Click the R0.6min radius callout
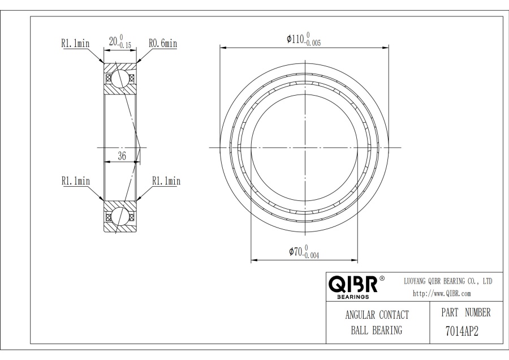tap(163, 43)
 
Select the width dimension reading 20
tap(120, 41)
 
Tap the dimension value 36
tap(122, 156)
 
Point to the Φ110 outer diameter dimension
tap(304, 39)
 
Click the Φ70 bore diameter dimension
tap(304, 252)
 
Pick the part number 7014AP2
tap(462, 331)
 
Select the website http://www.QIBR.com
tap(442, 294)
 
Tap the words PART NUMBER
tap(466, 312)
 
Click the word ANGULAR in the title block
tap(360, 315)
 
